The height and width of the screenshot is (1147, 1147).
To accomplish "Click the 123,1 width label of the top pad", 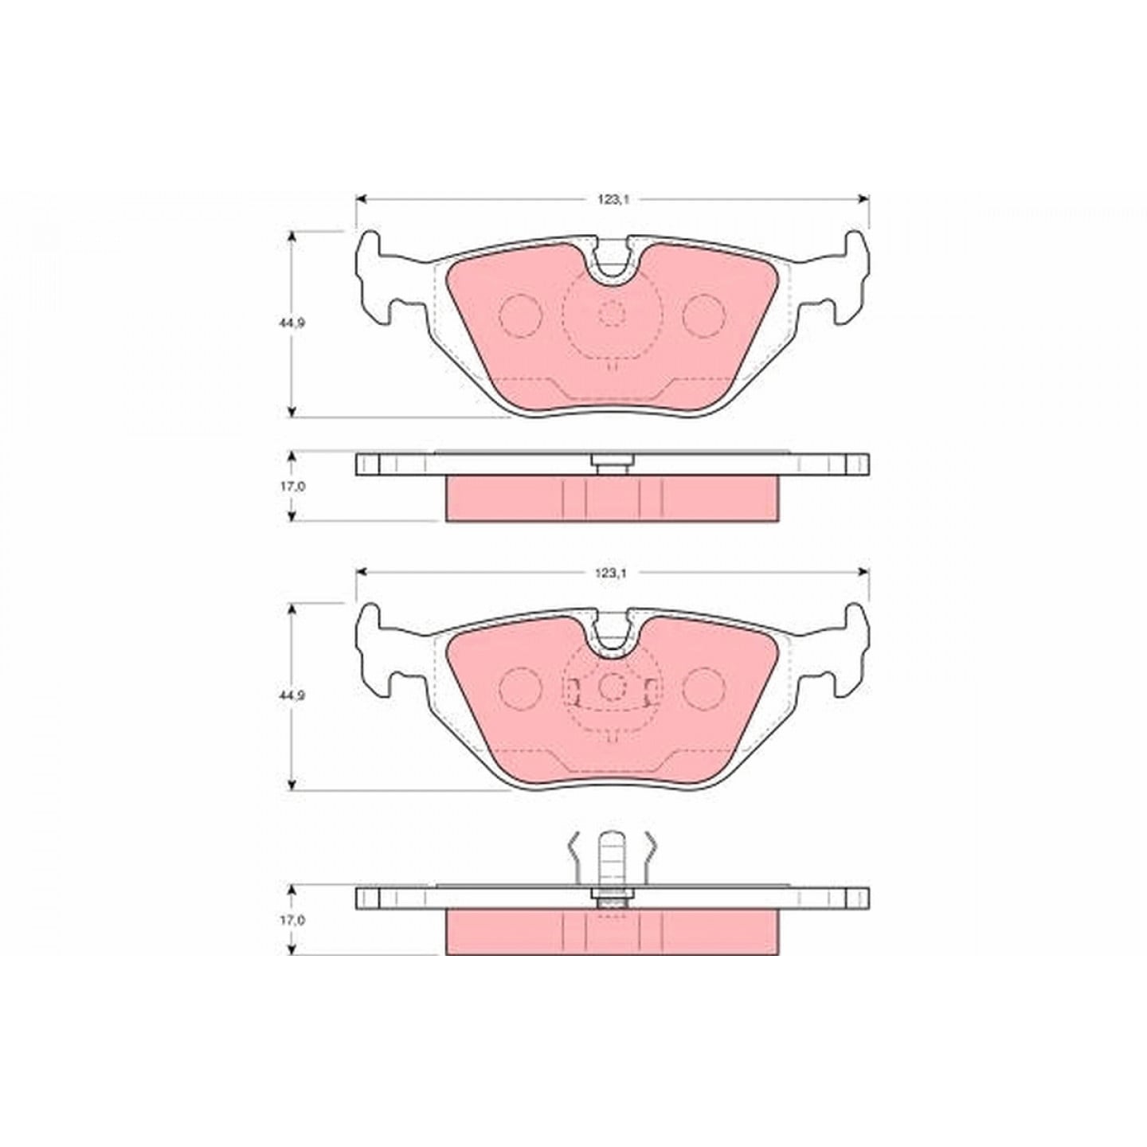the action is [x=613, y=200].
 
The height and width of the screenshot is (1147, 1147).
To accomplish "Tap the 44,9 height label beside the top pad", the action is [x=291, y=324].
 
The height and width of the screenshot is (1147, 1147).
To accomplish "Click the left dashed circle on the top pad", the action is [x=519, y=316].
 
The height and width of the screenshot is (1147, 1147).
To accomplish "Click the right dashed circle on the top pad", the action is [x=703, y=316].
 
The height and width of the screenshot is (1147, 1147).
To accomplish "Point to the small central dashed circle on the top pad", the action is [x=611, y=315].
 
